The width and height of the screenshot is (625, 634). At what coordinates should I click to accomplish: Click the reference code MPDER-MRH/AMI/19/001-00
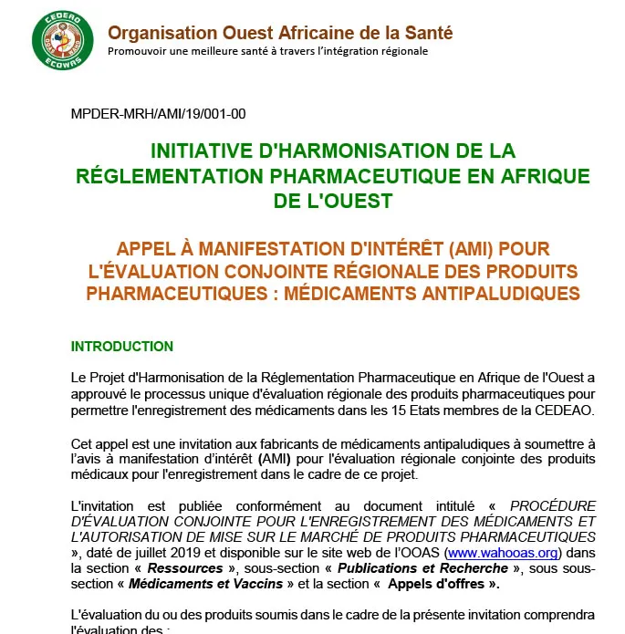(158, 114)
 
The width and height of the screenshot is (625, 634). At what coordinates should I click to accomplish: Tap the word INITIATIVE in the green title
(203, 151)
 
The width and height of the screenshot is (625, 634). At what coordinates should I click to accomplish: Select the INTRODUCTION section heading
(122, 347)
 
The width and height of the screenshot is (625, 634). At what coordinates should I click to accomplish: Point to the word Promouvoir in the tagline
(137, 51)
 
